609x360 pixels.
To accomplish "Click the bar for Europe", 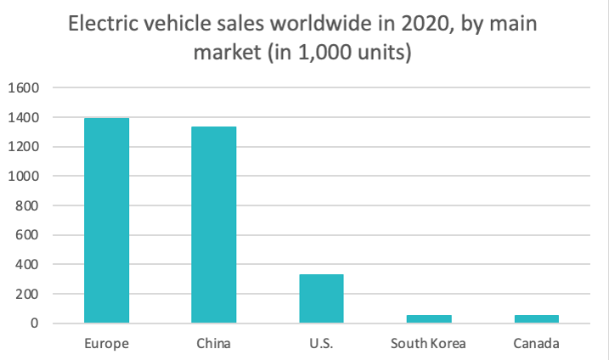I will click(x=106, y=221).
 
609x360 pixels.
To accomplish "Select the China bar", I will click(x=213, y=225).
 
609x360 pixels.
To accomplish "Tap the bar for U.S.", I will click(x=321, y=298).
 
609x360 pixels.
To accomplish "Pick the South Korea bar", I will click(x=428, y=318).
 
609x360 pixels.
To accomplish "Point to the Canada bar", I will click(x=536, y=318).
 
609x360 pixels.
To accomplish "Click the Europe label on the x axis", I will click(x=106, y=344).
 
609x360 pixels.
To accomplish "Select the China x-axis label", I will click(x=213, y=344).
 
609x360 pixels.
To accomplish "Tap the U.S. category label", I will click(x=321, y=344).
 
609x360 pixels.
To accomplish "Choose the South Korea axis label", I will click(x=428, y=344).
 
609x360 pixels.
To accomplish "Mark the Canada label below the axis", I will click(x=536, y=344).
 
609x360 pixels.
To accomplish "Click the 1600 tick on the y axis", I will click(x=24, y=87).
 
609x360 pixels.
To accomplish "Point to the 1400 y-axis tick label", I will click(x=24, y=117).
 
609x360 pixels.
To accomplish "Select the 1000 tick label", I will click(x=24, y=176).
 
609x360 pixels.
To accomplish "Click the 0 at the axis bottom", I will click(x=35, y=323).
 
